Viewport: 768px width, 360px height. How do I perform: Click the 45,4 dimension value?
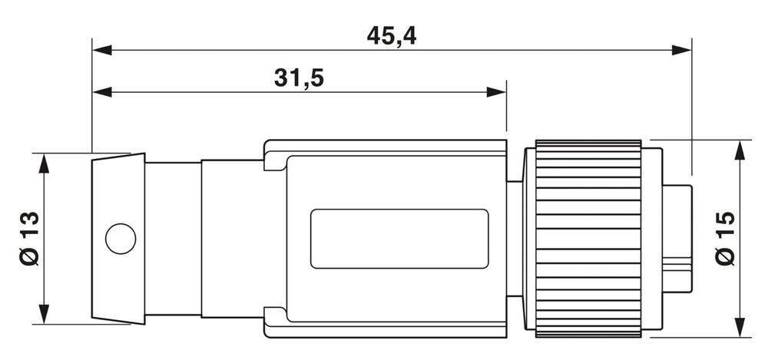click(x=391, y=35)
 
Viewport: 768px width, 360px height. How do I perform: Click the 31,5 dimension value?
click(x=299, y=78)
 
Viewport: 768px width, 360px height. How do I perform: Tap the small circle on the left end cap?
click(x=120, y=238)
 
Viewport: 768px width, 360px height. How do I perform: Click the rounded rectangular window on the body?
click(x=399, y=238)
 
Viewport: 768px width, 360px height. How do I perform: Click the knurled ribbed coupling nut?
click(x=588, y=238)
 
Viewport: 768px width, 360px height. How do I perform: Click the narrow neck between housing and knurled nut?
click(x=515, y=238)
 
